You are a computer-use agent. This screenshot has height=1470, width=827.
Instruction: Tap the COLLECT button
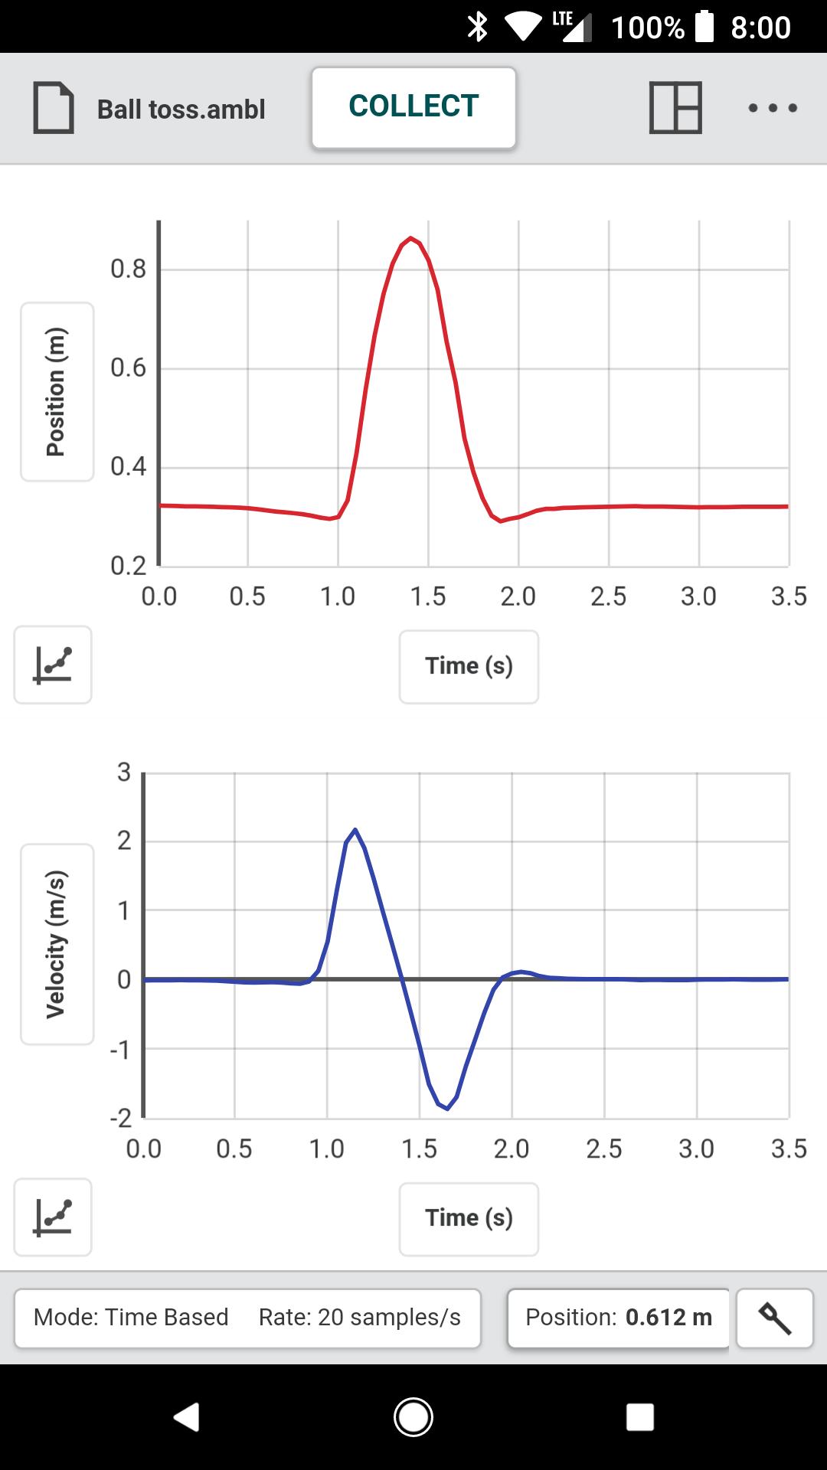point(413,107)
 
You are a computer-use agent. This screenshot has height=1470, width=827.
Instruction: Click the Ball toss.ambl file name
point(181,109)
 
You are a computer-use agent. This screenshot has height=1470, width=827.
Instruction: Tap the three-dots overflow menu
point(773,108)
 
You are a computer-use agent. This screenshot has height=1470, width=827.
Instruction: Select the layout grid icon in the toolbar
point(675,108)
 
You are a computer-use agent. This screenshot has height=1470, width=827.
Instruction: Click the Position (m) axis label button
point(57,392)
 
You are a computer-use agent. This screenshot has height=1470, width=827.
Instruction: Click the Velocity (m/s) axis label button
point(57,944)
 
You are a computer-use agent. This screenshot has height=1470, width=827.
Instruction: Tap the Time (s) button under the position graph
point(469,666)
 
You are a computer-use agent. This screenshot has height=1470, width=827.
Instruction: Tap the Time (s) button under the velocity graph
point(469,1218)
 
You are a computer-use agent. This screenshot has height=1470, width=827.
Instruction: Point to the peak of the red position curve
point(411,238)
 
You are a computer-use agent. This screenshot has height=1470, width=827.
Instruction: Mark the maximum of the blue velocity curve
point(355,829)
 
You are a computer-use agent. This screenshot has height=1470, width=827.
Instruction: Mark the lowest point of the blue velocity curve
point(448,1109)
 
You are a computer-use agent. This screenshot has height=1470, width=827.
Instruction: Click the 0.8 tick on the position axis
point(128,269)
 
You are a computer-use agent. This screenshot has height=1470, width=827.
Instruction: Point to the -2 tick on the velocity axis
point(122,1119)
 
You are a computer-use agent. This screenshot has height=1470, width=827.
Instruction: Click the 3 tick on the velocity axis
point(124,772)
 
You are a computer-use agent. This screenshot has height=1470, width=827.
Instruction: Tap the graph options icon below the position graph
point(53,665)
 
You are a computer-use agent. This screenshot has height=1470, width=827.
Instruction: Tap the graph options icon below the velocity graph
point(53,1217)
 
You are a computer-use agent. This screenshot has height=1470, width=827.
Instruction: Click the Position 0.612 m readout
point(618,1318)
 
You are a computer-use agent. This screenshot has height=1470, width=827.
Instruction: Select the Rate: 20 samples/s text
point(360,1318)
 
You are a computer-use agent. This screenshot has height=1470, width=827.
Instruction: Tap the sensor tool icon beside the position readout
point(774,1318)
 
